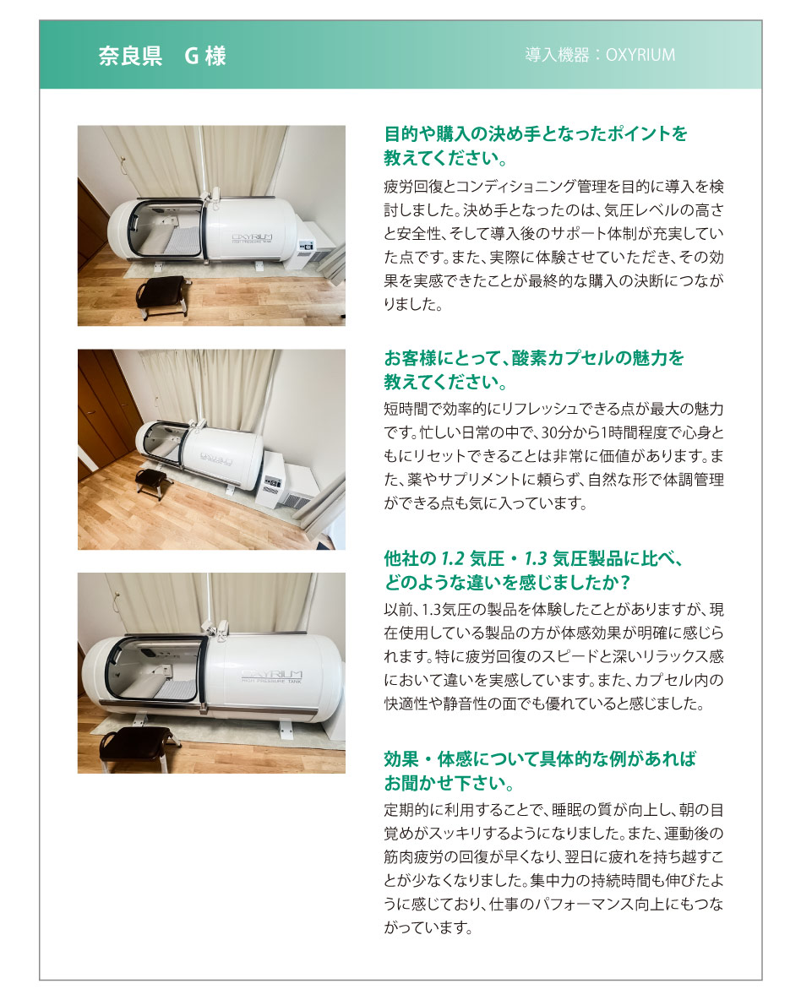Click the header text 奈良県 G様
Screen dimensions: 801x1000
(x=162, y=56)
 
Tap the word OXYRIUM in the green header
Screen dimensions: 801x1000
(x=640, y=55)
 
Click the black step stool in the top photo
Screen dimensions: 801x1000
(x=163, y=296)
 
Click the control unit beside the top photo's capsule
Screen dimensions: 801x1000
(x=314, y=246)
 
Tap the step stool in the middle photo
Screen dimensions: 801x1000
(x=154, y=483)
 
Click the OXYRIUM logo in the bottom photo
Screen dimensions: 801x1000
(x=272, y=676)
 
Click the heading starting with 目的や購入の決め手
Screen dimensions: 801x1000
(x=536, y=145)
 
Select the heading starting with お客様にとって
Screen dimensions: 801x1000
(x=533, y=370)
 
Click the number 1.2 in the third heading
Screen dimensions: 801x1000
(x=453, y=558)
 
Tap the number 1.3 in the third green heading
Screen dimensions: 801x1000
(x=536, y=558)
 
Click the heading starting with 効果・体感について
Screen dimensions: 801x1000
(x=539, y=770)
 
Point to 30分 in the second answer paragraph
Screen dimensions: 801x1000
(x=556, y=433)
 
